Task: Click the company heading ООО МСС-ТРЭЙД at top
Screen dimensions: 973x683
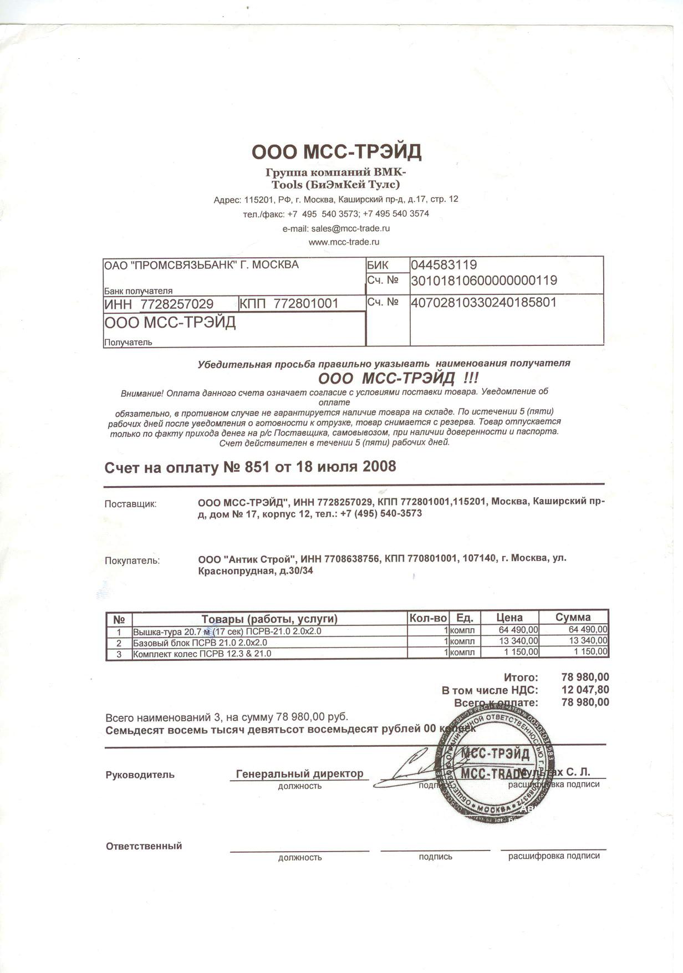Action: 337,151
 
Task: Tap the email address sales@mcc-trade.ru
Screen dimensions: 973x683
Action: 336,228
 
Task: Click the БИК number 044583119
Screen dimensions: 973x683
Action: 444,264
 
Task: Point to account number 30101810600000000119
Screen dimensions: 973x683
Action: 483,281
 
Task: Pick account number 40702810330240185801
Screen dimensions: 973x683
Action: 483,303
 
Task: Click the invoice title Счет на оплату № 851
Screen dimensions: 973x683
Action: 250,467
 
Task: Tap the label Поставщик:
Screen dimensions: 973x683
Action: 131,504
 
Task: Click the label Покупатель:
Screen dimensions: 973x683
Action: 132,561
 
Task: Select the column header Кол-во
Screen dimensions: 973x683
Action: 427,618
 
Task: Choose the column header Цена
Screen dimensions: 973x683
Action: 509,618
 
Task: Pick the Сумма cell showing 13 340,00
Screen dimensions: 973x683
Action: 588,641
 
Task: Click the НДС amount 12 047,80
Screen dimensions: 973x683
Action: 585,690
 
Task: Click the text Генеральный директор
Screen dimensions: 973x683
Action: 299,773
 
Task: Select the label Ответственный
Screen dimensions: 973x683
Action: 144,846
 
